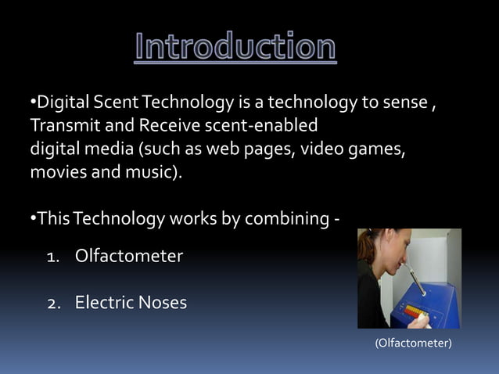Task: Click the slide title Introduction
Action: click(x=235, y=48)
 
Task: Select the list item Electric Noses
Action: click(x=131, y=302)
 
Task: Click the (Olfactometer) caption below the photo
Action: click(x=413, y=343)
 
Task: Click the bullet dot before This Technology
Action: click(x=33, y=218)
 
